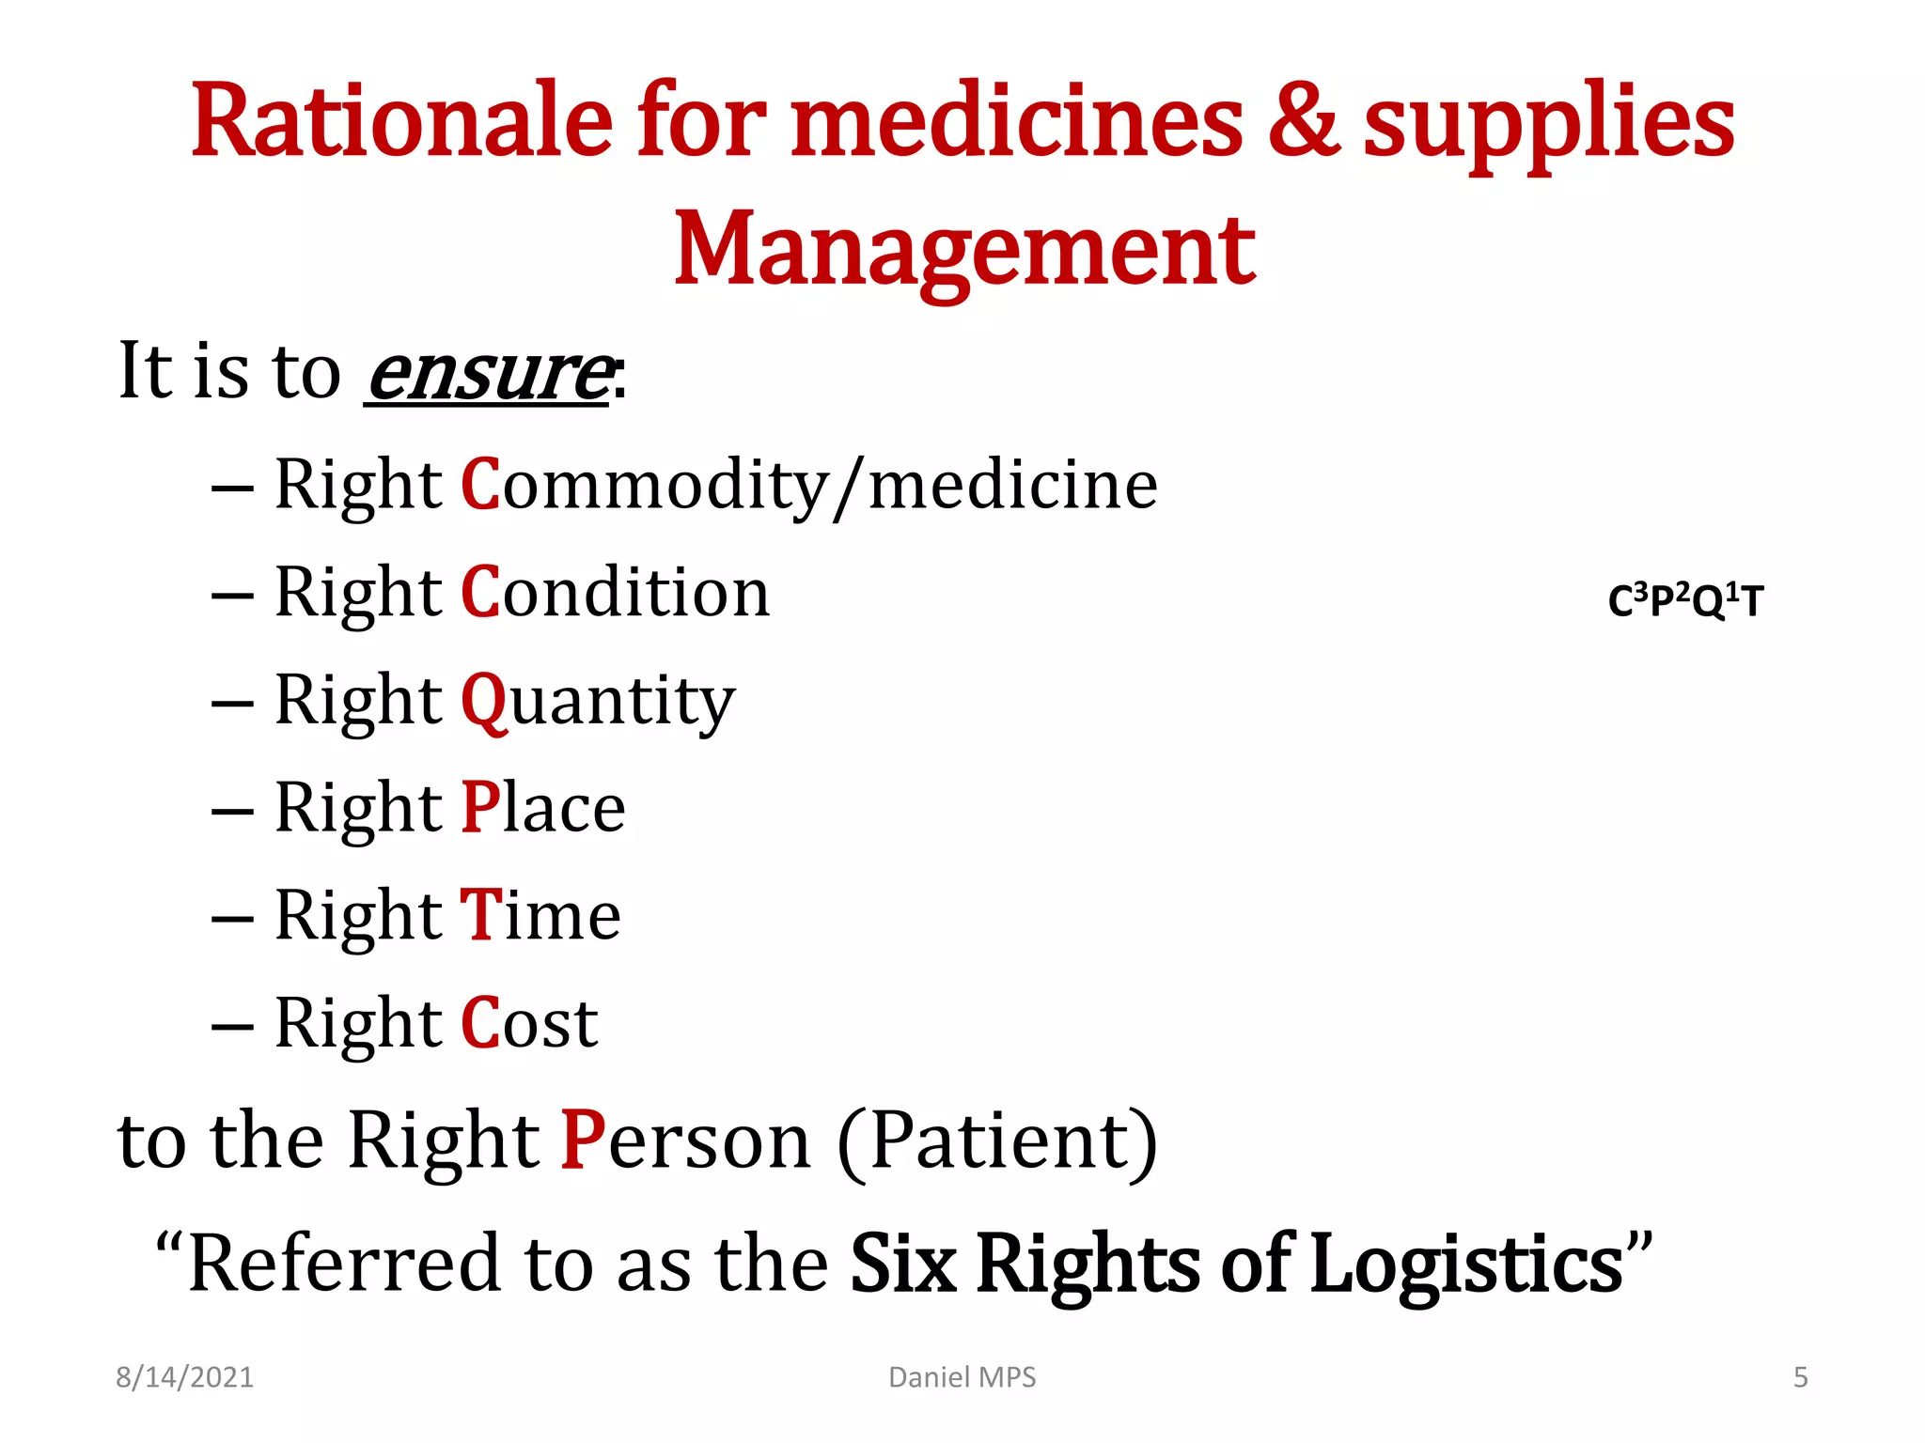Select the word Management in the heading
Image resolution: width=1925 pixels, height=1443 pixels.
(x=964, y=249)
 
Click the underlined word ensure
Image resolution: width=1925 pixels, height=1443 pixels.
(x=489, y=372)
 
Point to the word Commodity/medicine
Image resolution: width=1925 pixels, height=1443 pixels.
(x=809, y=485)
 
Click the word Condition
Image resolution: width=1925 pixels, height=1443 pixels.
(x=616, y=593)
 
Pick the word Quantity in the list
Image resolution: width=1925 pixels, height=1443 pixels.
(x=598, y=702)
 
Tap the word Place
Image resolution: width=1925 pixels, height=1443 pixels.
(x=543, y=808)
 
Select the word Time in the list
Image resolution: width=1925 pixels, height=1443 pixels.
(x=540, y=915)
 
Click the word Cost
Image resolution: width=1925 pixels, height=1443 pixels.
(x=529, y=1023)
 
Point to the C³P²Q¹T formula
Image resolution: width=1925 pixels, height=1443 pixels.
(x=1685, y=601)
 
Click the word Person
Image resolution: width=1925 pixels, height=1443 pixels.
(x=685, y=1140)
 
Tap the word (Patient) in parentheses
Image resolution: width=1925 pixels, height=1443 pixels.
(x=997, y=1140)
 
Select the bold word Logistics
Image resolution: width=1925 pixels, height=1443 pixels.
(x=1466, y=1264)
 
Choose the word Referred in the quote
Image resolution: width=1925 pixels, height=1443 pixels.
(x=344, y=1264)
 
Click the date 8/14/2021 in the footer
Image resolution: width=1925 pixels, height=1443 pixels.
(x=185, y=1377)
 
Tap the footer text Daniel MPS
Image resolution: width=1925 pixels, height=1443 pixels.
(x=962, y=1377)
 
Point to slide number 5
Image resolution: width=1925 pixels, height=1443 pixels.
(x=1800, y=1377)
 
